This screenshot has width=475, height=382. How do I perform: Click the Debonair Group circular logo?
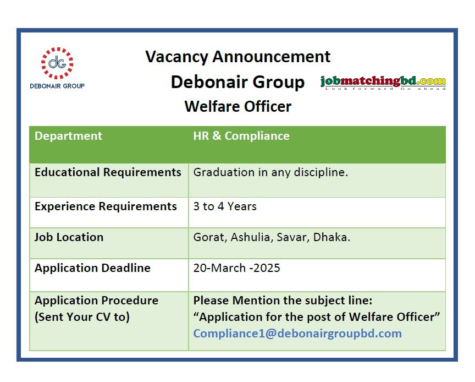[57, 63]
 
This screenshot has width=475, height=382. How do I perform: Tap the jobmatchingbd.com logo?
[383, 83]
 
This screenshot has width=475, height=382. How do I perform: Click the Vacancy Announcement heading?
[237, 57]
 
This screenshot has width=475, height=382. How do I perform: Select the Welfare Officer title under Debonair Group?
[237, 106]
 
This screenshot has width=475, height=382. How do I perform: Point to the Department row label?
[68, 136]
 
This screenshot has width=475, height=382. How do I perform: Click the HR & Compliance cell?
[241, 136]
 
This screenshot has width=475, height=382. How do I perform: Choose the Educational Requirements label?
[108, 172]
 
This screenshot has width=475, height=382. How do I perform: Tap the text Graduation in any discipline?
[270, 172]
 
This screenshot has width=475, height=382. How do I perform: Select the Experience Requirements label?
[106, 206]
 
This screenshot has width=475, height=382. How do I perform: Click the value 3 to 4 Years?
[225, 206]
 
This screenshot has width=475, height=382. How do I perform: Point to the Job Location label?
[69, 237]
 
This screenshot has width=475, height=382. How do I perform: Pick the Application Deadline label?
[92, 268]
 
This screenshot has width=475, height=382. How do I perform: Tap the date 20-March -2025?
[236, 268]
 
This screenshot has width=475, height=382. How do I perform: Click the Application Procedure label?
[96, 301]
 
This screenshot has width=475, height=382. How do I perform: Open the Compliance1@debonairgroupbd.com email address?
[297, 334]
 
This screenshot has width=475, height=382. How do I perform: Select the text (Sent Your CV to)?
[82, 317]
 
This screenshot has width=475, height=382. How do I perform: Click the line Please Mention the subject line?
[283, 301]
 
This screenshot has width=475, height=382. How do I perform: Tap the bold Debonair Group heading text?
[237, 82]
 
